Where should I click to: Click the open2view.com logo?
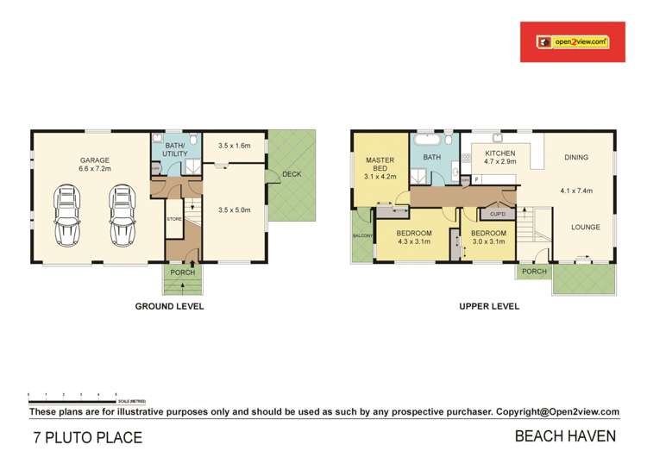(574, 41)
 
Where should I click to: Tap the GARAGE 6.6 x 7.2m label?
(95, 166)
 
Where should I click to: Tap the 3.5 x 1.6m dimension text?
(234, 147)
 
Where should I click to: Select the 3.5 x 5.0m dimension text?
(234, 210)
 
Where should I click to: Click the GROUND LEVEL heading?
(169, 306)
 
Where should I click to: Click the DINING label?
(576, 158)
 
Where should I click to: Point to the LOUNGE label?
(587, 228)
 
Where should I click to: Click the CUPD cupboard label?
(498, 213)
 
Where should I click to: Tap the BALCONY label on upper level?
(361, 236)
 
